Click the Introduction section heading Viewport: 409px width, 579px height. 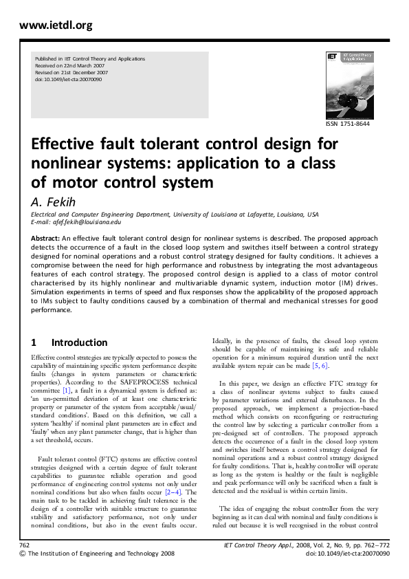tap(79, 342)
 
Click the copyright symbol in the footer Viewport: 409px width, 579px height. tap(23, 553)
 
